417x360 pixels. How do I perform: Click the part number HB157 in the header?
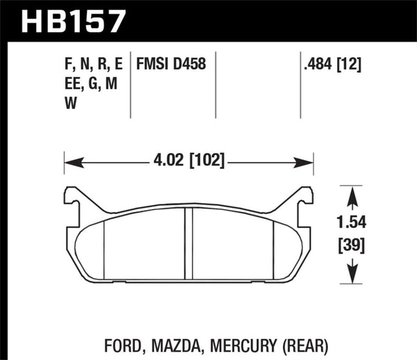(75, 19)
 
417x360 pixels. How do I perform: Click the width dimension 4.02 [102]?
(188, 162)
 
